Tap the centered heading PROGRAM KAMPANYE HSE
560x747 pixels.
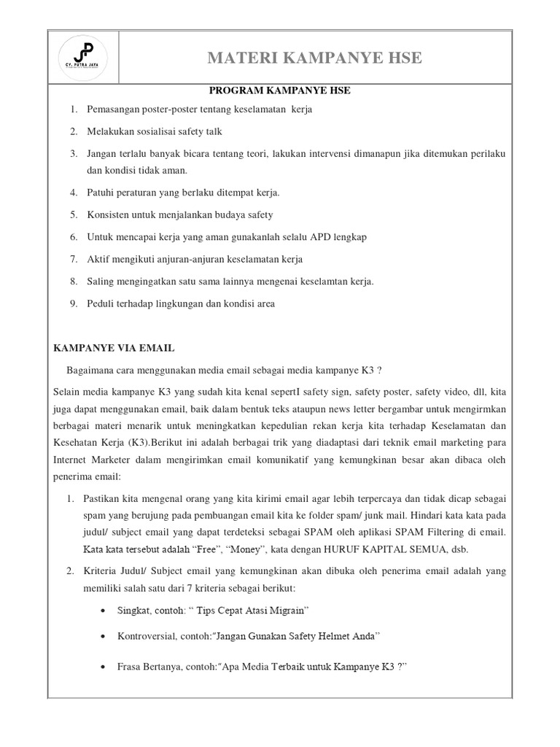pyautogui.click(x=279, y=90)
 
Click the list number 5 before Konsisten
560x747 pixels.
pyautogui.click(x=74, y=214)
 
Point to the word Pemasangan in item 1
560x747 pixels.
pyautogui.click(x=114, y=109)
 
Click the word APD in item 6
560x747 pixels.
pyautogui.click(x=321, y=237)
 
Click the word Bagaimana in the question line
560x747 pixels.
pyautogui.click(x=92, y=370)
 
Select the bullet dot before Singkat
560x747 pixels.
pyautogui.click(x=106, y=609)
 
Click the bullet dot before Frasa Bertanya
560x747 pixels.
pyautogui.click(x=106, y=666)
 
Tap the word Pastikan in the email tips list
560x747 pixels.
pyautogui.click(x=104, y=498)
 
